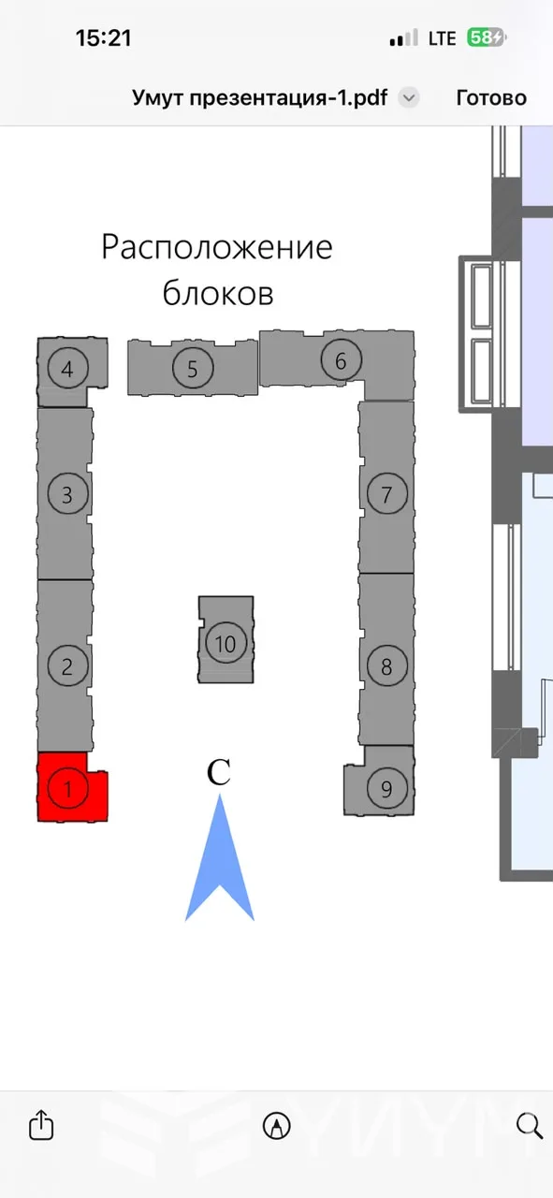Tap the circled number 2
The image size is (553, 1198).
(67, 665)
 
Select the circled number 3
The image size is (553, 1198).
(67, 494)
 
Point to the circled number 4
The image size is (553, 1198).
(68, 369)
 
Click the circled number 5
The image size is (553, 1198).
(193, 368)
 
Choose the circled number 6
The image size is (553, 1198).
(342, 360)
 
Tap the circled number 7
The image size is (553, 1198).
(387, 493)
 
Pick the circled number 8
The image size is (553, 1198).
(387, 665)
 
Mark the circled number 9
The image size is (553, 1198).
(387, 788)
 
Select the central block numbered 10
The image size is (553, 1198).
(226, 639)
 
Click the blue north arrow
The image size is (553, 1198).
(219, 861)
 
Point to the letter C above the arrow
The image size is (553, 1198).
(219, 773)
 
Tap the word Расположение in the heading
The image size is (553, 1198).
(217, 247)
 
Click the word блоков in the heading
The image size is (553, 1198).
(218, 293)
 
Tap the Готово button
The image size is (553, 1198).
(491, 97)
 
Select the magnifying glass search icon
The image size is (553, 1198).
(530, 1125)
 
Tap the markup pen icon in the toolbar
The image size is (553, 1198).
(277, 1125)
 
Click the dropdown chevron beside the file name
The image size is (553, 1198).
(409, 98)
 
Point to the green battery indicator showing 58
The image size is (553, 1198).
(486, 38)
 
